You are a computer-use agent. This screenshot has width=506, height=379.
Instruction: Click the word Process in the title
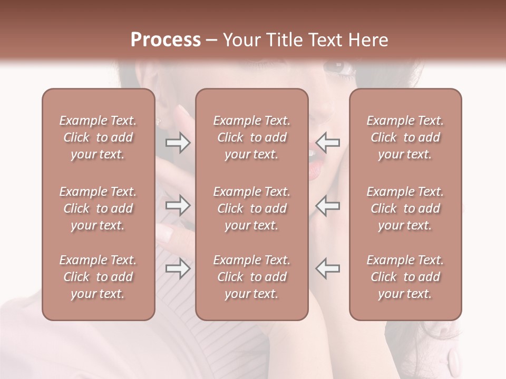click(166, 40)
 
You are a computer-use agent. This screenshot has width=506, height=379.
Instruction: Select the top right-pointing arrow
click(178, 143)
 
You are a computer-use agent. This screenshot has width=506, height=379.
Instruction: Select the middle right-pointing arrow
click(178, 205)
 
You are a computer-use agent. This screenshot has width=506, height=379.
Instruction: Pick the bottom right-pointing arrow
click(178, 268)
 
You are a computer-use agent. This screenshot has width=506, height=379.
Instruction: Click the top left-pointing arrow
click(328, 143)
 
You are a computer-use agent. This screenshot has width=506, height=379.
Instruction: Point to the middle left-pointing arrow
click(328, 205)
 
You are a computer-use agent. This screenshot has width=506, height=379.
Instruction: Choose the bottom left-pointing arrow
click(328, 268)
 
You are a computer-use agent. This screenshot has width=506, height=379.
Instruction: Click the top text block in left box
click(98, 137)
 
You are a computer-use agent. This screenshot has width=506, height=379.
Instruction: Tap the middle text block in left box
click(98, 208)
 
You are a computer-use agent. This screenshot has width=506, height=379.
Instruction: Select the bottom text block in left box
click(98, 277)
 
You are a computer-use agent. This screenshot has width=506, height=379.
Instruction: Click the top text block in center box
click(252, 137)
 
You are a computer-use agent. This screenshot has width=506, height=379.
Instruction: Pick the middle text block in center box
click(252, 208)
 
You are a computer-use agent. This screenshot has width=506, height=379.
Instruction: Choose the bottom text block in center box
click(252, 277)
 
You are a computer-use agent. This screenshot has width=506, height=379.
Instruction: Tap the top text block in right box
click(405, 137)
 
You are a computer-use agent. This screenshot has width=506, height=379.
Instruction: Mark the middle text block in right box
click(405, 208)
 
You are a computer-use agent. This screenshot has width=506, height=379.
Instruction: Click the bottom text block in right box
click(405, 277)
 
